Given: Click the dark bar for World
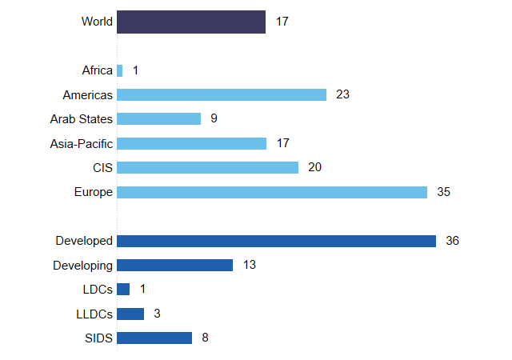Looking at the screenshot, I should [191, 22].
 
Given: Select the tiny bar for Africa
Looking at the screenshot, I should [120, 70].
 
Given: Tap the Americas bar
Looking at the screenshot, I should [222, 94].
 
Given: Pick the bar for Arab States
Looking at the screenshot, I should [159, 118].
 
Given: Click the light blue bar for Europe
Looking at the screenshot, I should [272, 192].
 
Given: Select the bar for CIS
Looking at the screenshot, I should [208, 167].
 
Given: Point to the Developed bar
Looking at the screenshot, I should [276, 241].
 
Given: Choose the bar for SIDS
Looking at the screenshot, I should [154, 338].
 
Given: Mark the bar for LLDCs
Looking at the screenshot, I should [130, 314].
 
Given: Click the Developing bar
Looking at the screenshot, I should [175, 265].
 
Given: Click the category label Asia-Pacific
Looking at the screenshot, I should [81, 143].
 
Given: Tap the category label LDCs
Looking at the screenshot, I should [96, 290].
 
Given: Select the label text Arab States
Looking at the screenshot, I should [82, 119].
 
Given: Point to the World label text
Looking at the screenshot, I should [97, 22].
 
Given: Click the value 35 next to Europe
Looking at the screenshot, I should [444, 192].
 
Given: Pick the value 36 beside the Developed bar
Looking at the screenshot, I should [453, 241].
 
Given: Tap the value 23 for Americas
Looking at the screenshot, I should [343, 94].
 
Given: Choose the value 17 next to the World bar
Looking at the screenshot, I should [282, 22].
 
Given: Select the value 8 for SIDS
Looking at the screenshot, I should [205, 338].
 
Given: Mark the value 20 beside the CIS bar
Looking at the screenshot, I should [314, 167].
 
